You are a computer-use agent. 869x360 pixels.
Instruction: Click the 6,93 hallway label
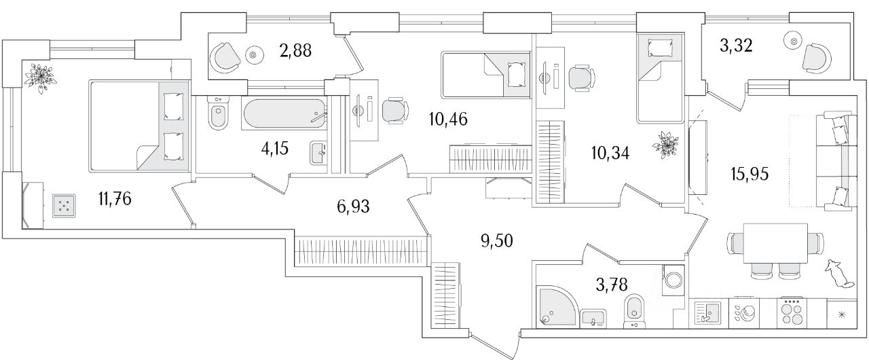(x=353, y=206)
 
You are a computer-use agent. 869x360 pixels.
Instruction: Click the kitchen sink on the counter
(x=707, y=313)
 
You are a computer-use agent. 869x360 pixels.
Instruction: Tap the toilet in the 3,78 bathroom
(x=633, y=308)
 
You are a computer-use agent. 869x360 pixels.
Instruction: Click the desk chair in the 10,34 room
(x=581, y=78)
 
